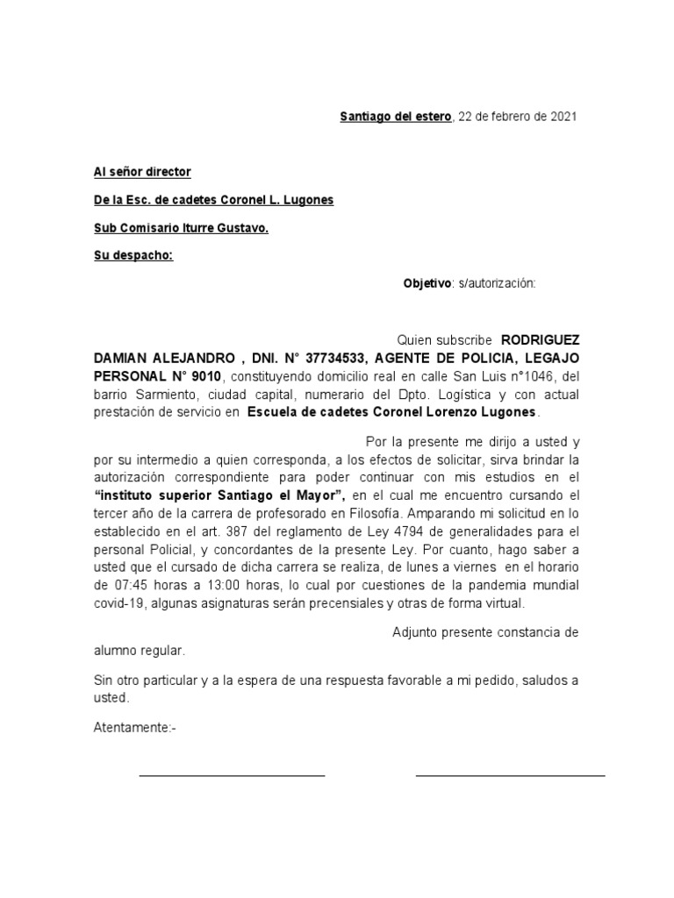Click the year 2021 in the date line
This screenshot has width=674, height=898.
point(563,117)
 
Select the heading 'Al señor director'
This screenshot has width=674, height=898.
point(142,172)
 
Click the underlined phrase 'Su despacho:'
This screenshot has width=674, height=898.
point(133,256)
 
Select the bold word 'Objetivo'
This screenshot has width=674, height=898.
point(426,283)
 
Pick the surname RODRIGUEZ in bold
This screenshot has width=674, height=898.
point(540,339)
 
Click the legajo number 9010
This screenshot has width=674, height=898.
point(204,376)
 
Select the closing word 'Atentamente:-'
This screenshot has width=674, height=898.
point(135,727)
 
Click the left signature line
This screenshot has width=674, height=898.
point(232,775)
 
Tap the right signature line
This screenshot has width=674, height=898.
point(510,775)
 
